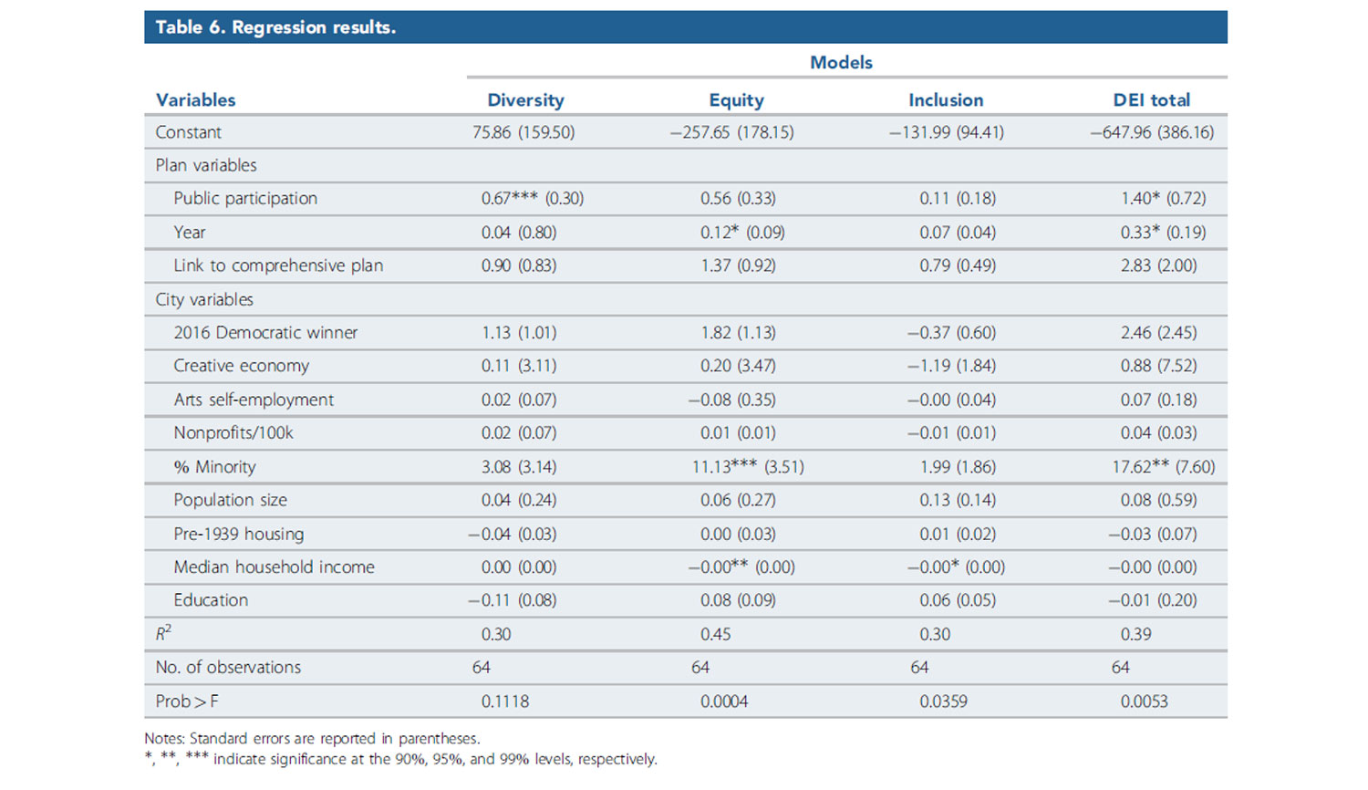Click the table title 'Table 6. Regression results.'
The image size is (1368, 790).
(275, 27)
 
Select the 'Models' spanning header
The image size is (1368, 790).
(841, 62)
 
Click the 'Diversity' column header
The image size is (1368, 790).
(525, 100)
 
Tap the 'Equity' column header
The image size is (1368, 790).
(736, 100)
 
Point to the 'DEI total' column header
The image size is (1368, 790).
(1151, 100)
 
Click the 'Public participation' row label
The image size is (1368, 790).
(245, 199)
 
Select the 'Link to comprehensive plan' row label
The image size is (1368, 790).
(278, 265)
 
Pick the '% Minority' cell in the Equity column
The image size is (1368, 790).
(747, 467)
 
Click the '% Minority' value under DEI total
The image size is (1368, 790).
(1163, 467)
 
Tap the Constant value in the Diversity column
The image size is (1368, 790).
(523, 132)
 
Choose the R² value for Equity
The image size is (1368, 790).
(716, 634)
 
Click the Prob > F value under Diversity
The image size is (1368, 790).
(505, 702)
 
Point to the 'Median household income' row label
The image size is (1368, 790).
(274, 567)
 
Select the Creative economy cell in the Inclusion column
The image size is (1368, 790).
(951, 366)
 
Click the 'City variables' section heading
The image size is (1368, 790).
(204, 299)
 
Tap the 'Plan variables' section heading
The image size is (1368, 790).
(206, 165)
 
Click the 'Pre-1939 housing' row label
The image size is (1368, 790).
(239, 534)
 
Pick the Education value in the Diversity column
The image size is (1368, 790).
(512, 600)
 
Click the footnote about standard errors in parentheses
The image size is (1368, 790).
(312, 739)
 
